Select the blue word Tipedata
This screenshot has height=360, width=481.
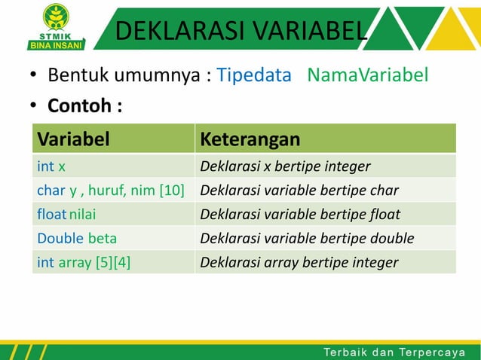click(x=254, y=75)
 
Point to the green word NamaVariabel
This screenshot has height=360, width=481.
click(x=368, y=75)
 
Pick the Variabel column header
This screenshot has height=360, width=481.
click(x=74, y=139)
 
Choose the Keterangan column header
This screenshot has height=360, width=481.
click(x=250, y=139)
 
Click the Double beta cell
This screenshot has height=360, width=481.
click(x=77, y=239)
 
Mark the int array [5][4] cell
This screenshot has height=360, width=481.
click(x=83, y=263)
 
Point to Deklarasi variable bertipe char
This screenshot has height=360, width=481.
click(x=299, y=191)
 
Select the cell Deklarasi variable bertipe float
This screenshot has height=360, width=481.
click(x=300, y=215)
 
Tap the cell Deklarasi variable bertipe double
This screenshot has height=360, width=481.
click(x=307, y=239)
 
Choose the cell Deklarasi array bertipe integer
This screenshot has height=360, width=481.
click(x=299, y=263)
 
